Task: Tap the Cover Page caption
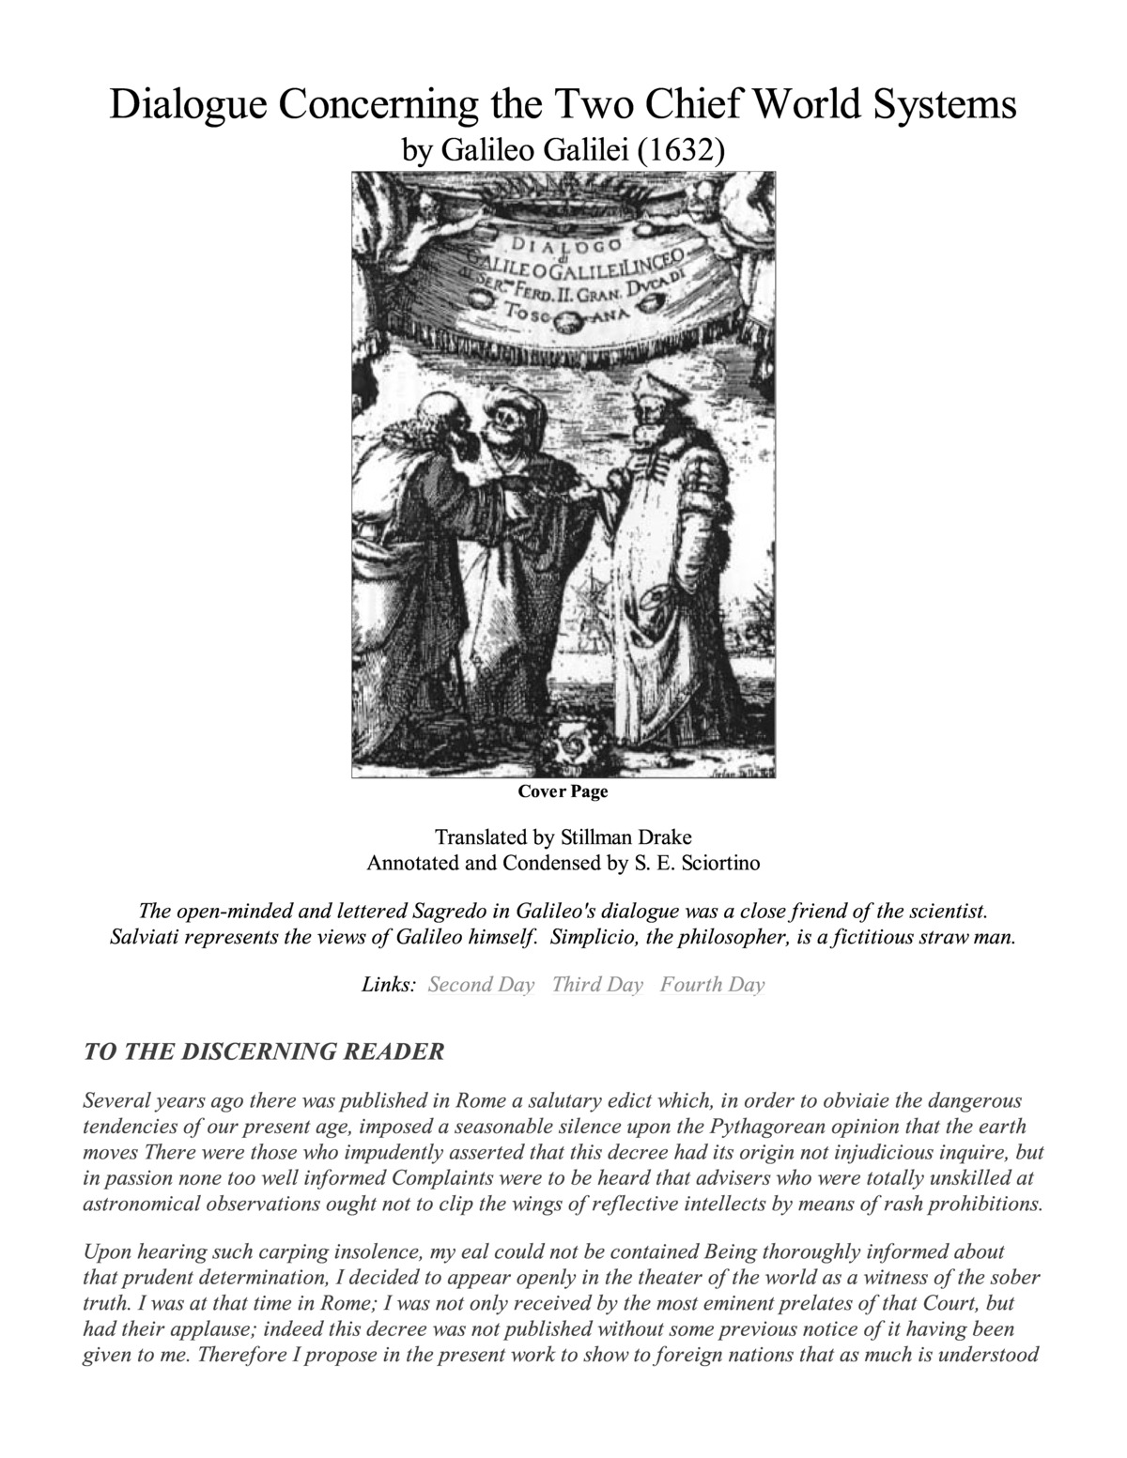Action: pyautogui.click(x=563, y=791)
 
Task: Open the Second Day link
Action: pyautogui.click(x=481, y=985)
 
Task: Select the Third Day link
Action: pyautogui.click(x=597, y=985)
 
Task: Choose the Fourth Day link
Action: pyautogui.click(x=712, y=985)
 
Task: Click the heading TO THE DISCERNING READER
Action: pyautogui.click(x=263, y=1051)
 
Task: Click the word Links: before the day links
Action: pyautogui.click(x=388, y=985)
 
